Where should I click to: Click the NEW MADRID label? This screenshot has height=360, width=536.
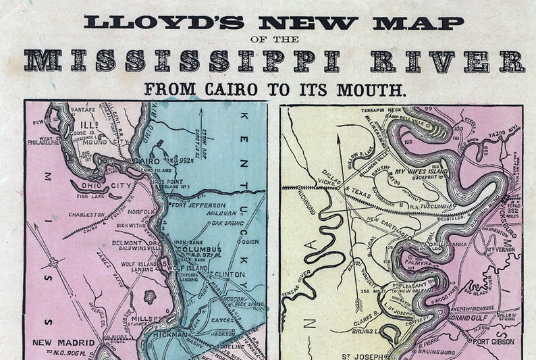pos(61,342)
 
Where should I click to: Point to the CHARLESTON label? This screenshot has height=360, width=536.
pos(86,215)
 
